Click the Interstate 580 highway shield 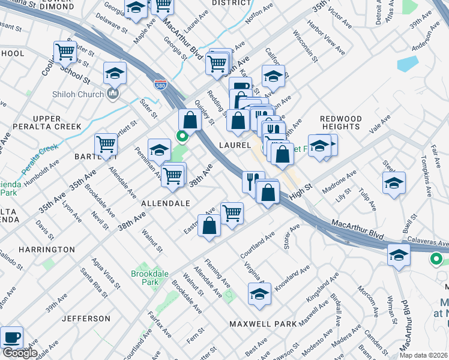160,84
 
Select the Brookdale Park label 146,278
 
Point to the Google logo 19,353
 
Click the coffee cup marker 12,338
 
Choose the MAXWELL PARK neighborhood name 263,324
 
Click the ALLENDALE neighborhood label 166,204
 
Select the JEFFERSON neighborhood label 86,318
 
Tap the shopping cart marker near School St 65,52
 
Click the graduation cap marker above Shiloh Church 115,73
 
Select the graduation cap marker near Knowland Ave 259,294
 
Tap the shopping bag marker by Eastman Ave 209,226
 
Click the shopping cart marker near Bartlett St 106,144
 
